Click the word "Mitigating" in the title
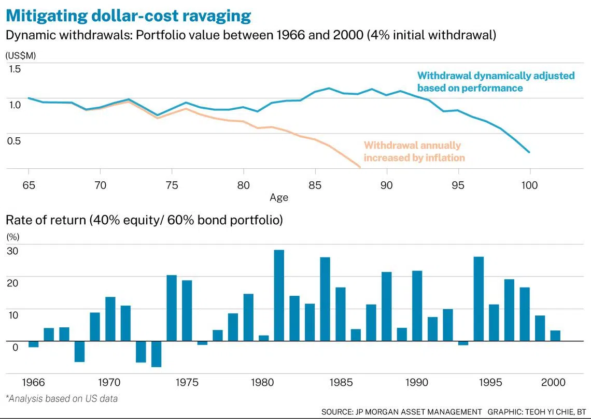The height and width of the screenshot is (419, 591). tap(48, 16)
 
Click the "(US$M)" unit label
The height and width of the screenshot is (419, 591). tap(20, 56)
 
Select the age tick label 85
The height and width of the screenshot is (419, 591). tap(315, 185)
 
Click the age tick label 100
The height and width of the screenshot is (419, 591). tap(529, 185)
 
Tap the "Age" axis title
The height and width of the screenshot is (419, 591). tap(279, 197)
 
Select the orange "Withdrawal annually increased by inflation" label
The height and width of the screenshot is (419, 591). tap(414, 151)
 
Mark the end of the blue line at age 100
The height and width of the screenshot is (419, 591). tap(529, 152)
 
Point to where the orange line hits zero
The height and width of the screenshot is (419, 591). tap(360, 167)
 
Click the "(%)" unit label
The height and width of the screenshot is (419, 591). tap(13, 237)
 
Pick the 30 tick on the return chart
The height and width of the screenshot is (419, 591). tap(12, 250)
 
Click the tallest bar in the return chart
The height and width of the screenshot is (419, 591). tap(279, 296)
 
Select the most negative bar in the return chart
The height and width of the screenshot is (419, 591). tap(157, 354)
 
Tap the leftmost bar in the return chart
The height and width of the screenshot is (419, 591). tap(34, 344)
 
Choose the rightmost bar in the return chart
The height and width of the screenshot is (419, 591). tap(555, 336)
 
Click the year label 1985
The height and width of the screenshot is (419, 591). tap(341, 382)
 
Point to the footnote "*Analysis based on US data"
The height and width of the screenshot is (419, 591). tap(62, 398)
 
